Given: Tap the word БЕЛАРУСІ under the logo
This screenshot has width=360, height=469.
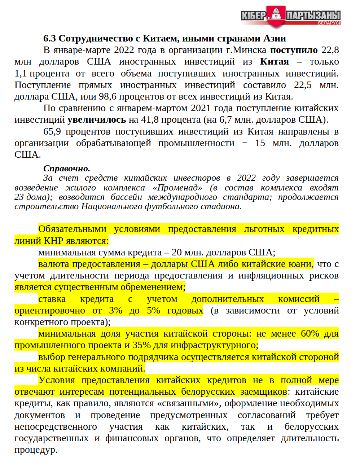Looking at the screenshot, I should pyautogui.click(x=329, y=23).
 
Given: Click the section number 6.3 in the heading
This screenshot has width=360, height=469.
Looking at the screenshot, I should pyautogui.click(x=50, y=39).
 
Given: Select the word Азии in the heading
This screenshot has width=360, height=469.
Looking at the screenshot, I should pyautogui.click(x=275, y=39).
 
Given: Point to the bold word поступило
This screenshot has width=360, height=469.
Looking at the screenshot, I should pyautogui.click(x=294, y=50).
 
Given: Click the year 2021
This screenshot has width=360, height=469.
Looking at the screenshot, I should pyautogui.click(x=201, y=108).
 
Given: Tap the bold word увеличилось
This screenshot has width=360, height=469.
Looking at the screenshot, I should pyautogui.click(x=97, y=120).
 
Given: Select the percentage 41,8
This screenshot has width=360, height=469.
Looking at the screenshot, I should pyautogui.click(x=150, y=120).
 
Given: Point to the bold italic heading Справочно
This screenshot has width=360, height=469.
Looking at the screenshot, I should pyautogui.click(x=66, y=168).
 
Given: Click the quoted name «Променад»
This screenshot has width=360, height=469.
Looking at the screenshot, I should pyautogui.click(x=177, y=188).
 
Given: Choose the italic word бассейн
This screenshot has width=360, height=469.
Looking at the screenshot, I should pyautogui.click(x=126, y=197).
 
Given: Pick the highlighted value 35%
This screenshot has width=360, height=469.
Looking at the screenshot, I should pyautogui.click(x=141, y=345).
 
